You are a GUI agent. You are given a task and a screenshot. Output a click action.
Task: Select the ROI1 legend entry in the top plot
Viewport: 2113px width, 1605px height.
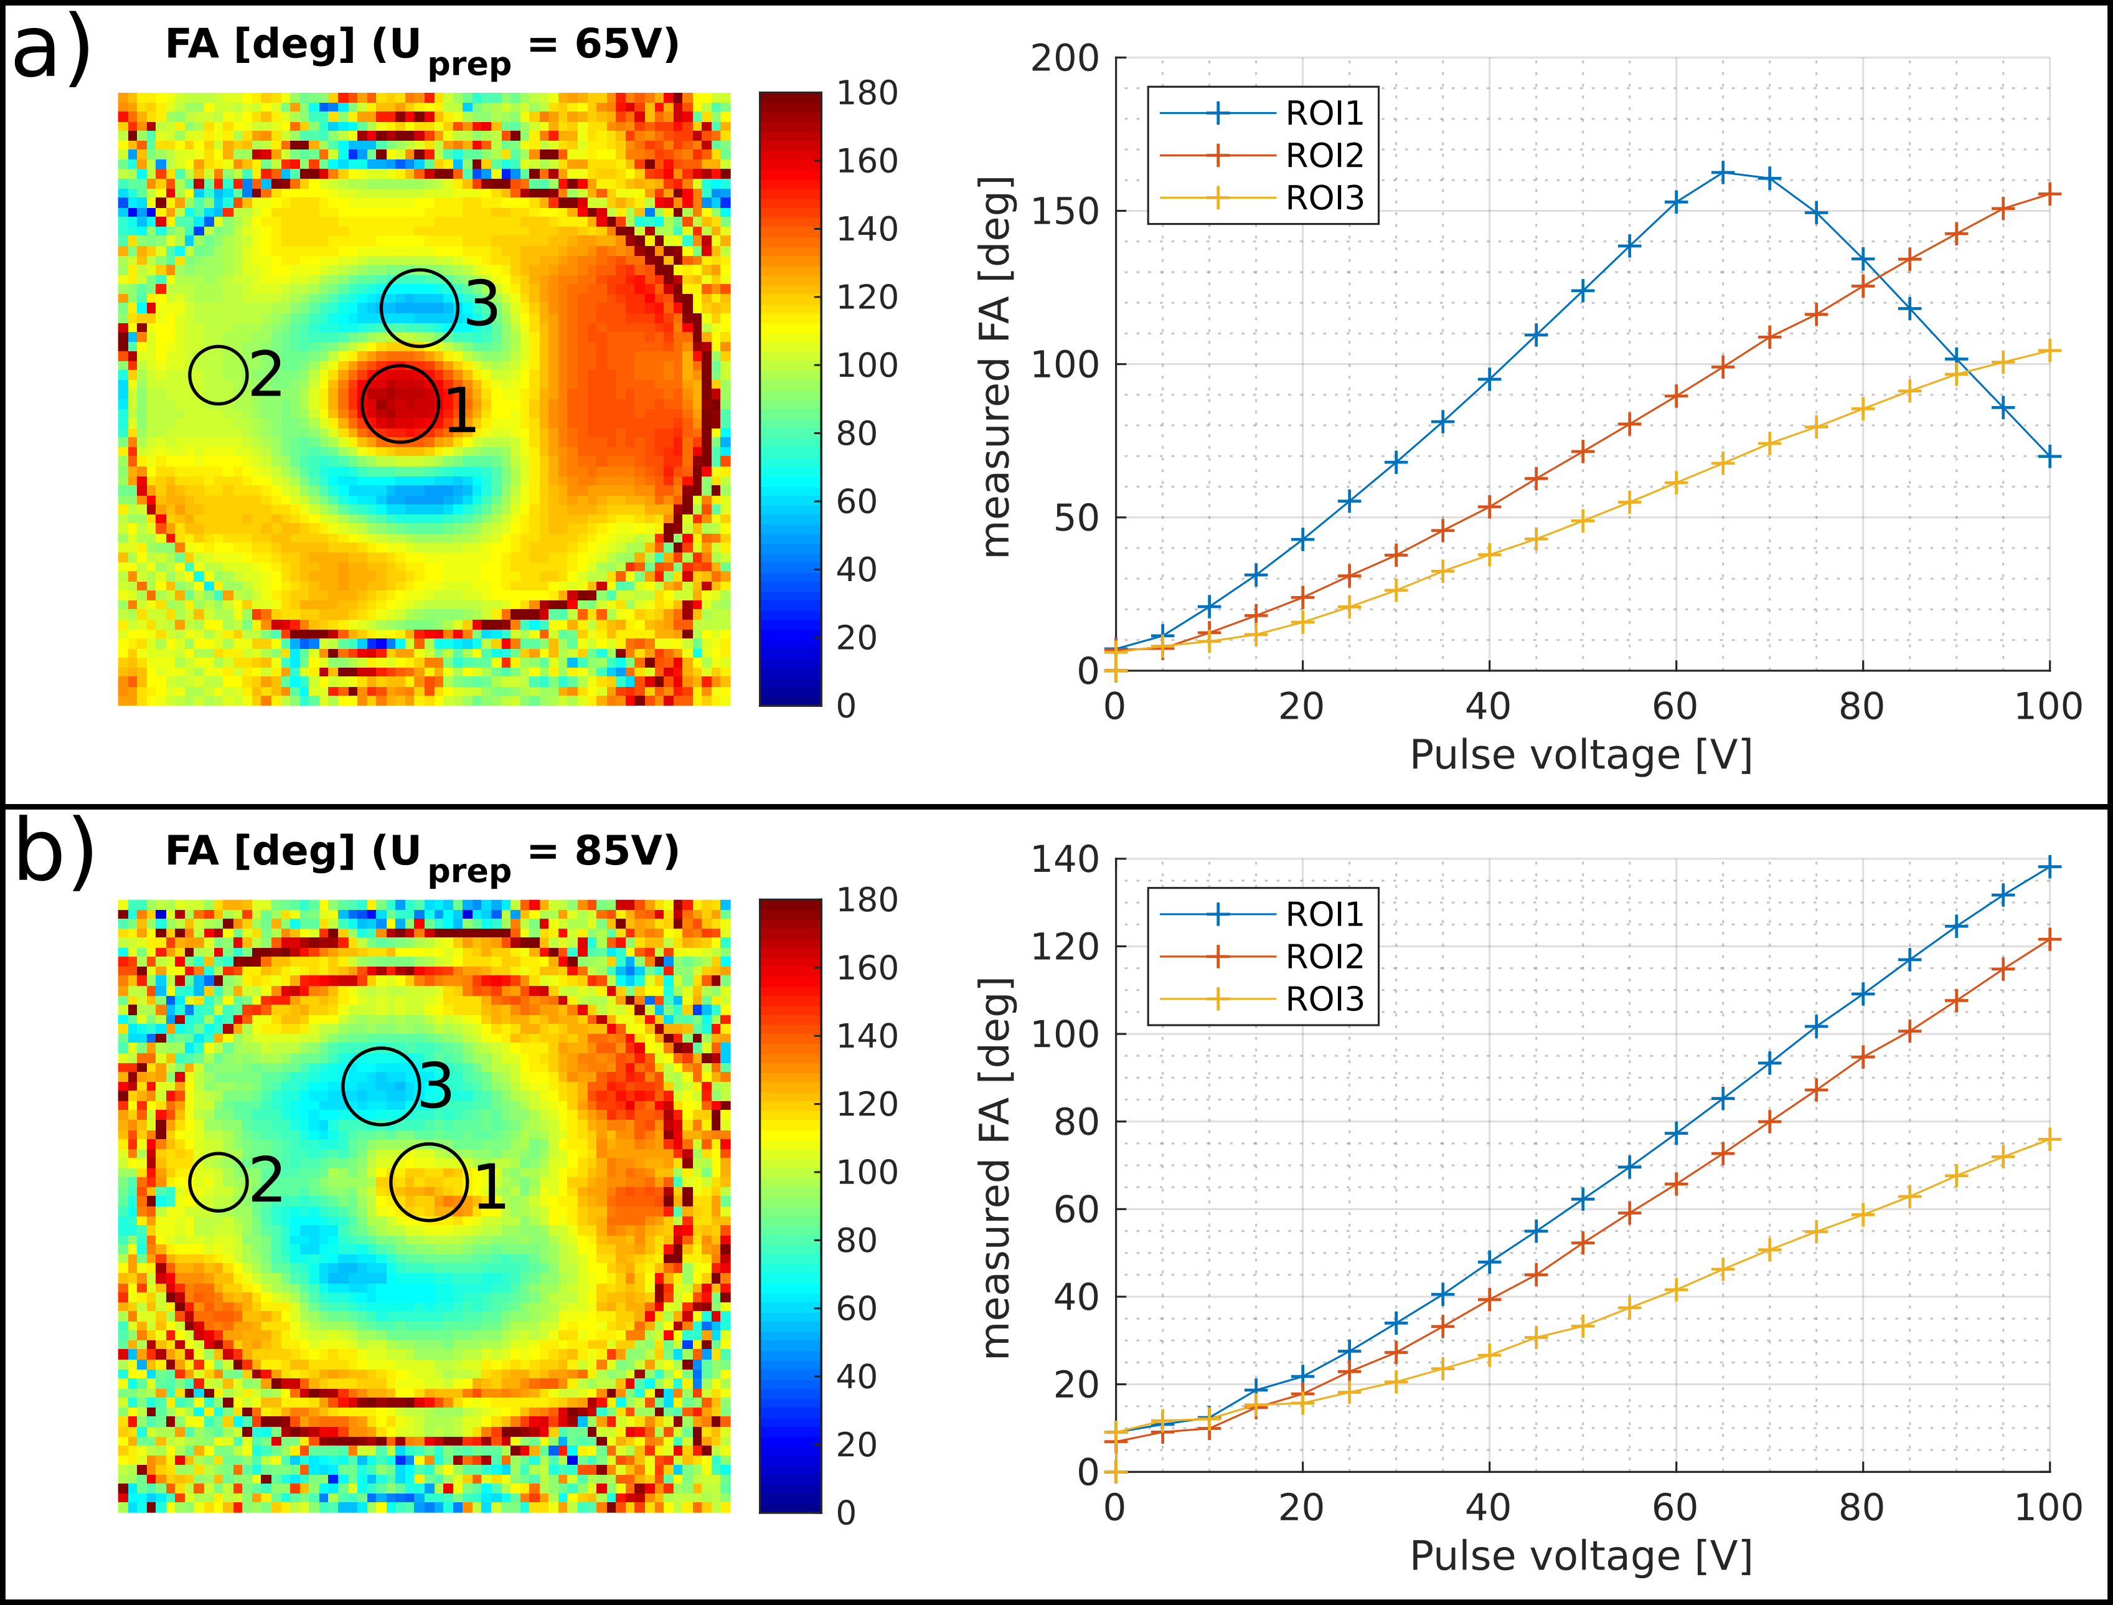click(x=1324, y=113)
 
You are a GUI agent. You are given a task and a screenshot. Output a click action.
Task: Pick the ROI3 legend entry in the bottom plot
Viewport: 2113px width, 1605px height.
click(x=1324, y=999)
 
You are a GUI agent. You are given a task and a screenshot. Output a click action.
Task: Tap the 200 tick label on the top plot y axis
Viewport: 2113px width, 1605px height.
click(x=1064, y=59)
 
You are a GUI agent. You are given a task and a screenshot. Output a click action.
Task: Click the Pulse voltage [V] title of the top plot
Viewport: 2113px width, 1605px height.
click(x=1581, y=755)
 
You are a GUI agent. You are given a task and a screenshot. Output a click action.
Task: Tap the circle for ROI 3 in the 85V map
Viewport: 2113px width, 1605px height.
click(x=381, y=1086)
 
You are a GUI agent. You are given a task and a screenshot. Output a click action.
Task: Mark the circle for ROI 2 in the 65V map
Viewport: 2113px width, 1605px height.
click(x=219, y=374)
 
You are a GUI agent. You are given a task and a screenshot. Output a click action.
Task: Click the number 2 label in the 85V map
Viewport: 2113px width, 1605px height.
click(x=266, y=1181)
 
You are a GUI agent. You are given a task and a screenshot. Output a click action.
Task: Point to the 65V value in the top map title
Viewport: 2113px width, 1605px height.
click(x=627, y=44)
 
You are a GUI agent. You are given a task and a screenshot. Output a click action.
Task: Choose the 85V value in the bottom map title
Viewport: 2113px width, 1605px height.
click(x=627, y=850)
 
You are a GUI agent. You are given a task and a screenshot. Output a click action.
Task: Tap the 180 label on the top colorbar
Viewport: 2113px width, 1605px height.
click(x=867, y=93)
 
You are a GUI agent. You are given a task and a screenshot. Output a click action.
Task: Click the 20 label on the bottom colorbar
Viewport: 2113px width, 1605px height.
click(x=857, y=1444)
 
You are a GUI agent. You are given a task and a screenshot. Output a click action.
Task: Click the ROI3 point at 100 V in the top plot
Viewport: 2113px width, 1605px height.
click(x=2049, y=351)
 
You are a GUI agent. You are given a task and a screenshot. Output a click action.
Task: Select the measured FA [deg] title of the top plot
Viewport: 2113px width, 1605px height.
click(x=995, y=366)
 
